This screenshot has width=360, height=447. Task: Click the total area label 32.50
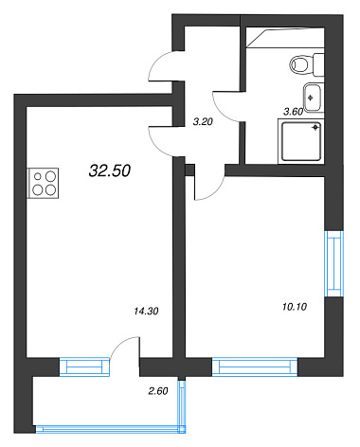pos(110,170)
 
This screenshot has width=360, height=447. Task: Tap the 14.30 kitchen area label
pos(146,312)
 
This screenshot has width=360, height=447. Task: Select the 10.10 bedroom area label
pos(295,307)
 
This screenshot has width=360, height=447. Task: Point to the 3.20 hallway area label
pos(203,121)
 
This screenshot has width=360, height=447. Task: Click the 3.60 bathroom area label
pos(294,112)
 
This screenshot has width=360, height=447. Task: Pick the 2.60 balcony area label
pos(158,391)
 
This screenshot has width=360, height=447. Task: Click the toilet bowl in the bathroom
pos(307,65)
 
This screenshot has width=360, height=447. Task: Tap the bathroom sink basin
pos(313,98)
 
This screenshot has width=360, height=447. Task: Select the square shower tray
pos(301,141)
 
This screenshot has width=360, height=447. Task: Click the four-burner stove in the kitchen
pos(44,183)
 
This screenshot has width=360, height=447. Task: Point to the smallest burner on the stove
pos(38,176)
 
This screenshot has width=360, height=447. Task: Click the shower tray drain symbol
pos(315,127)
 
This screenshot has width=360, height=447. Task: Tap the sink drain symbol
pos(310,98)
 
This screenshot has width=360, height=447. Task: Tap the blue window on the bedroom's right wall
pos(334,263)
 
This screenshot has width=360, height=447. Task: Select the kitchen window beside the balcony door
pos(84,367)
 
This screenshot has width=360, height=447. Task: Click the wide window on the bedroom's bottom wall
pos(255,367)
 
